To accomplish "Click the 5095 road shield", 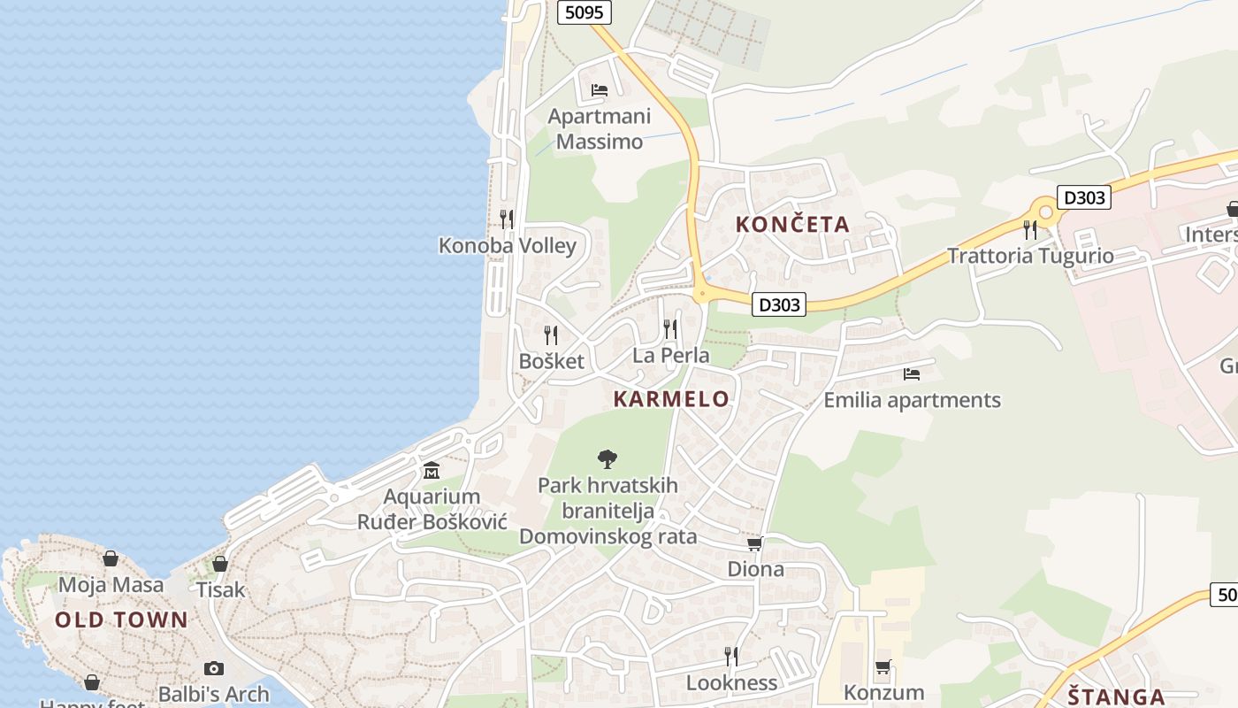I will (x=585, y=12).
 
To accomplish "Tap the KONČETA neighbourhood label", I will (x=792, y=225).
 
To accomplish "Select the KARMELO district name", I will (x=672, y=399).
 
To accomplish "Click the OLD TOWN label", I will (x=122, y=619).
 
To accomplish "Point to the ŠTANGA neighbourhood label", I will (x=1116, y=696).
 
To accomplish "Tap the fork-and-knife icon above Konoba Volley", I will (x=507, y=219).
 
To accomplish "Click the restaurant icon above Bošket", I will (x=551, y=335).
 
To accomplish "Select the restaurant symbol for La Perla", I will (x=670, y=329).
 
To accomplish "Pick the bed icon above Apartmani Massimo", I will (x=599, y=90).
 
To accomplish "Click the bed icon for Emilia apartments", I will (x=912, y=374).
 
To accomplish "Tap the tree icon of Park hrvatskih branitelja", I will (x=607, y=458).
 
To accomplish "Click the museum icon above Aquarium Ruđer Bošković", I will (x=432, y=470).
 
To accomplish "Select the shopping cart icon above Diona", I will (x=754, y=543).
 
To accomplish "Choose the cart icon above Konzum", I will (x=883, y=666).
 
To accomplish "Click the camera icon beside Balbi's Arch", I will (x=213, y=668).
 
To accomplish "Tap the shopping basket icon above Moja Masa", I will (x=111, y=558).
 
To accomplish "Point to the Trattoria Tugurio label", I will (x=1030, y=257).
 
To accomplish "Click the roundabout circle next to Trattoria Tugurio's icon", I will (x=1045, y=212).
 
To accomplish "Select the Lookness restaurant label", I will (x=731, y=683).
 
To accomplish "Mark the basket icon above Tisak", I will (x=220, y=564).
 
